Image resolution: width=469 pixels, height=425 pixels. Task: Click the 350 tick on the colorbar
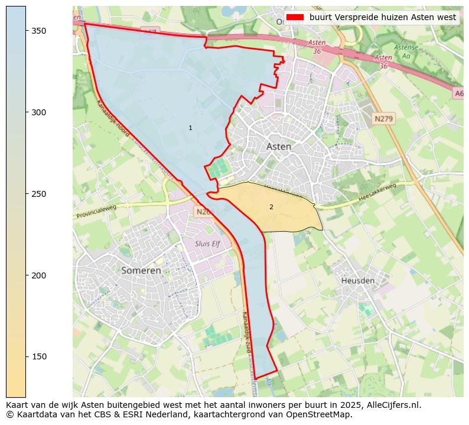(26, 31)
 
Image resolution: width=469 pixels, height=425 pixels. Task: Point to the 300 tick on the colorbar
(26, 112)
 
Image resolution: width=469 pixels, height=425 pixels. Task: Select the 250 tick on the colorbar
(26, 194)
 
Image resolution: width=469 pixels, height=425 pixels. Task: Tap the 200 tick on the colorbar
(26, 275)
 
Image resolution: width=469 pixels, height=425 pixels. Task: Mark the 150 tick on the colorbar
(26, 356)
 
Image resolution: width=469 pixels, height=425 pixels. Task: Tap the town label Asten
(278, 147)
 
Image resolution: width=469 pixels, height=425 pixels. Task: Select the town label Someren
(141, 271)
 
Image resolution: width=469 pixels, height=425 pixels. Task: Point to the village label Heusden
(357, 281)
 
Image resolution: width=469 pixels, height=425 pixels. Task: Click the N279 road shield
(384, 119)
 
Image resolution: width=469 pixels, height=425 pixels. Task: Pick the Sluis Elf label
(207, 244)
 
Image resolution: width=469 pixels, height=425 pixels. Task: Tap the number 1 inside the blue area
(190, 128)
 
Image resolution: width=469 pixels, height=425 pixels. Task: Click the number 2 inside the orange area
(271, 207)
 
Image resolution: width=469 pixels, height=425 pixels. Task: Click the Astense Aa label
(406, 51)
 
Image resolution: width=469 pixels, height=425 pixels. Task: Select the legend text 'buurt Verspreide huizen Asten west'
(382, 17)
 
